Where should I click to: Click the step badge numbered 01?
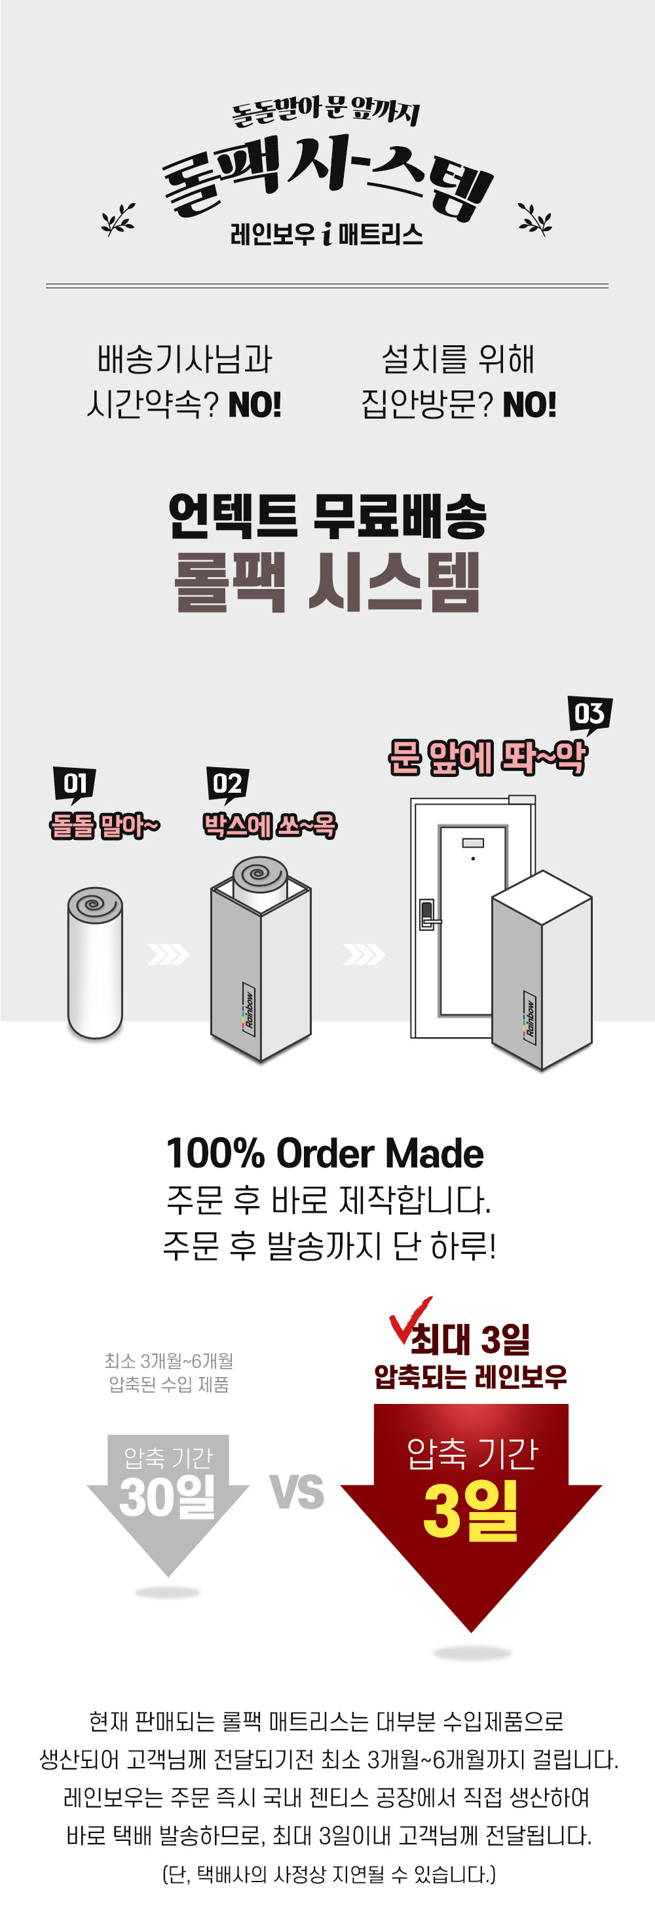(74, 784)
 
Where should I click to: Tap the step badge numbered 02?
(227, 784)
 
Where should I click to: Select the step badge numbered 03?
(589, 713)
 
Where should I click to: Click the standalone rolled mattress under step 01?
(95, 963)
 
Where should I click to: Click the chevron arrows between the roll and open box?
(168, 954)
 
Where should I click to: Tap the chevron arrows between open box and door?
(364, 954)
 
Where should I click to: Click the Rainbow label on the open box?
(249, 1009)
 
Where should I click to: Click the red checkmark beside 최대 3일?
(409, 1321)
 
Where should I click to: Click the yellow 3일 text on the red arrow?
(471, 1511)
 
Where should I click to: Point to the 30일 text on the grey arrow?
(167, 1496)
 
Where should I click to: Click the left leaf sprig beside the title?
(119, 219)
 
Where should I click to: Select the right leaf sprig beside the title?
(535, 219)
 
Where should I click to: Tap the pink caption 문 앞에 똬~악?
(488, 757)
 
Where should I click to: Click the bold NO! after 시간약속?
(255, 405)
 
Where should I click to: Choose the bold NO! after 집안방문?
(530, 405)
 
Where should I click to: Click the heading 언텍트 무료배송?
(327, 516)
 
